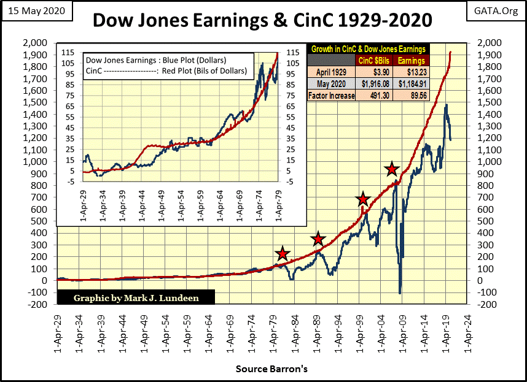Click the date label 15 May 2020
(x=36, y=12)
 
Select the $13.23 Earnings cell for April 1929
(x=410, y=72)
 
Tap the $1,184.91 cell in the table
(x=410, y=84)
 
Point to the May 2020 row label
(x=331, y=84)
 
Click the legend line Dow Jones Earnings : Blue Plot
(x=156, y=61)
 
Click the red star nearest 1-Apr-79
(x=282, y=254)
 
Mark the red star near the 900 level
(x=392, y=169)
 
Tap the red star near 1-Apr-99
(x=363, y=199)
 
